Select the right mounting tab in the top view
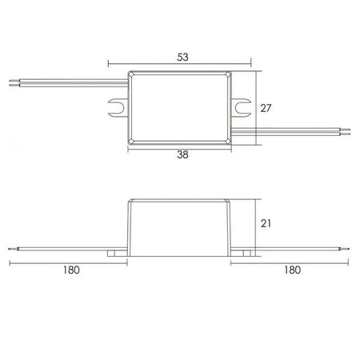click(241, 107)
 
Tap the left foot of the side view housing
click(117, 253)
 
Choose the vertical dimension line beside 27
click(256, 108)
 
